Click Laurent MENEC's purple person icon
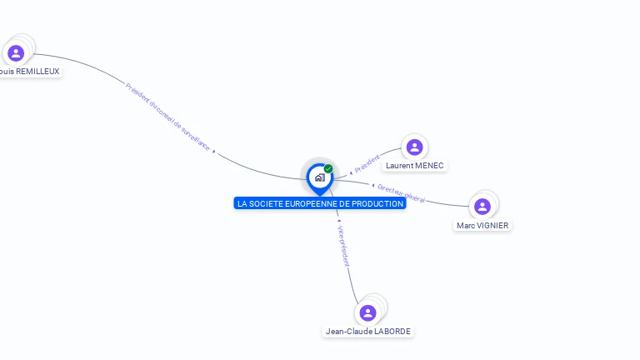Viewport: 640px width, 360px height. tap(414, 147)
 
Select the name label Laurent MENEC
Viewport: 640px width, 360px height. tap(414, 166)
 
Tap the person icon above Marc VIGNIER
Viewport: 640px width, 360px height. tap(482, 207)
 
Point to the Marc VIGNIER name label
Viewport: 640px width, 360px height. tap(482, 225)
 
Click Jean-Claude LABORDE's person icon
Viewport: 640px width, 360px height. tap(367, 312)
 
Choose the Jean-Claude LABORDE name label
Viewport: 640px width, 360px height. tap(368, 331)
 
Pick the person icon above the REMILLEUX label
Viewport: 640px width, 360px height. tap(16, 53)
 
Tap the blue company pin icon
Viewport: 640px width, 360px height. tap(319, 177)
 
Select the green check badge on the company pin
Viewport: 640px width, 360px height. tap(328, 168)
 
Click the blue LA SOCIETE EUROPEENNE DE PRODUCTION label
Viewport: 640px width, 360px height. tap(320, 203)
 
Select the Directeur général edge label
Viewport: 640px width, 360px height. tap(401, 193)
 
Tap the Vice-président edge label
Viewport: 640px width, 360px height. tap(344, 245)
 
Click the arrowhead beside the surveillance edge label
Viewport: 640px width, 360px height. tap(214, 151)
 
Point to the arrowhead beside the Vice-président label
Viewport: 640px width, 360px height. tap(338, 222)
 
